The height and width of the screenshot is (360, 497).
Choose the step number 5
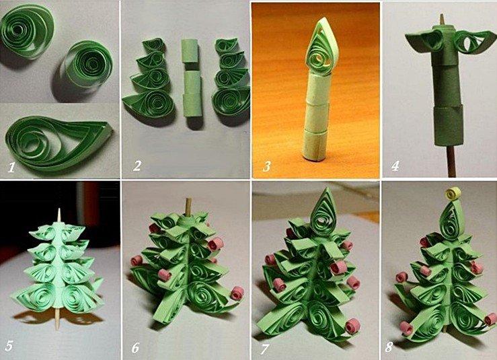[x=9, y=346]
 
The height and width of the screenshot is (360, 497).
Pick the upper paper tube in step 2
[x=191, y=50]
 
